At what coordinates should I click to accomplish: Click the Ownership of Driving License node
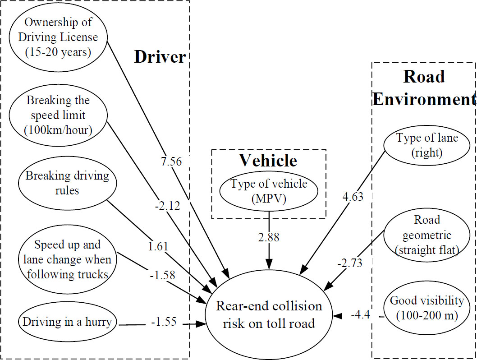coord(58,37)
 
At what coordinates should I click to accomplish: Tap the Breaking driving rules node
coord(67,183)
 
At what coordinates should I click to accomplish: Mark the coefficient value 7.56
coord(171,162)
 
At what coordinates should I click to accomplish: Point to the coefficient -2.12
coord(166,206)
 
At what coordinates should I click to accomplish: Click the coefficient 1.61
coord(158,246)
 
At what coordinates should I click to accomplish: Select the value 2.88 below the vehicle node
coord(269,237)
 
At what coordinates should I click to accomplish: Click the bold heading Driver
coord(160,57)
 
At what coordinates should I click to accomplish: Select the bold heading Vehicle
coord(268,160)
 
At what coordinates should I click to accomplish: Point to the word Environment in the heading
coord(424,99)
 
